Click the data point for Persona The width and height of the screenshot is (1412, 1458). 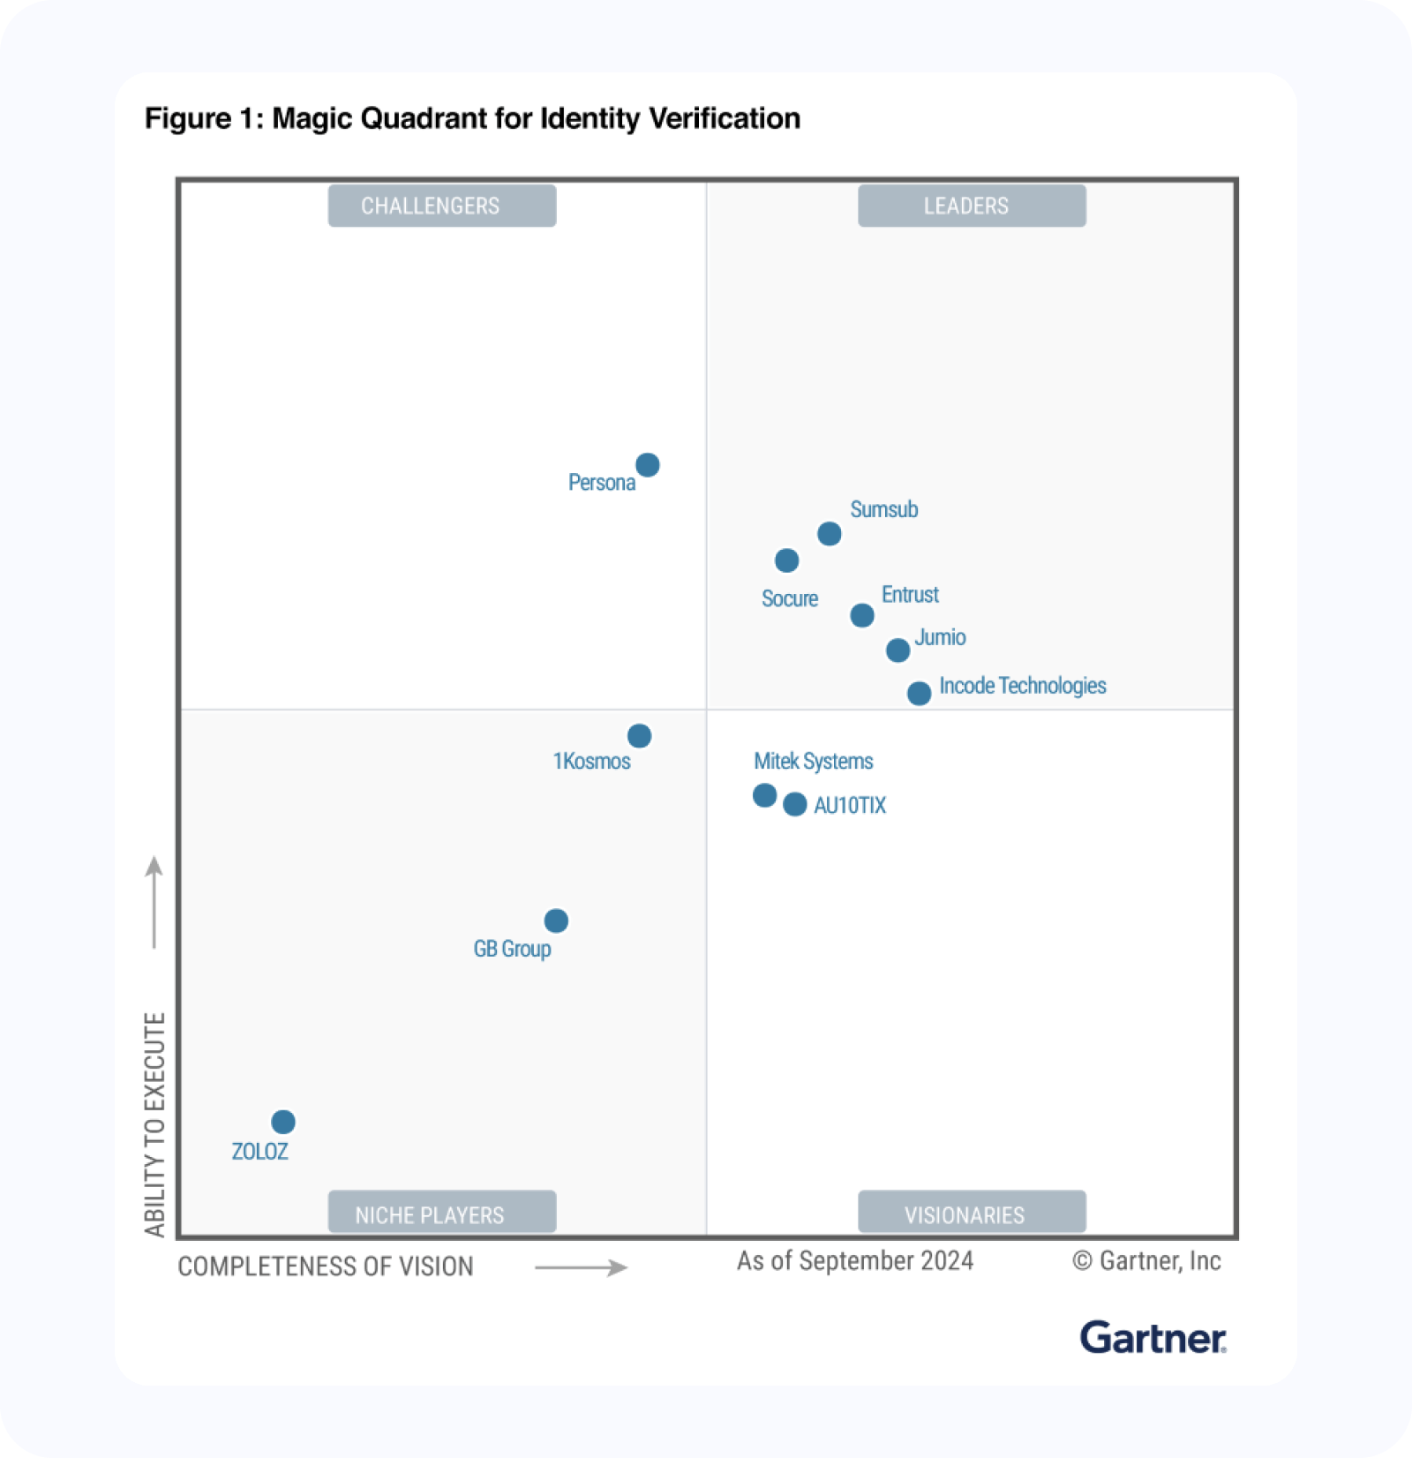point(648,465)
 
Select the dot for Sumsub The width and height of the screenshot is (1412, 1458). point(830,534)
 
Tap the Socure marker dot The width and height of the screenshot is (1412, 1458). point(787,560)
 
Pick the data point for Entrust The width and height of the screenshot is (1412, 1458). point(862,615)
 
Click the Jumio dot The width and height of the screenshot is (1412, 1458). point(898,650)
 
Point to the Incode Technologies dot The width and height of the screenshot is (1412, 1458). point(920,694)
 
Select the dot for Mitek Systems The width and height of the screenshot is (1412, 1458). point(765,796)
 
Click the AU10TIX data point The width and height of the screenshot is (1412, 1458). point(795,805)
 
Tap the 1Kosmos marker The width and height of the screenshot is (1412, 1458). point(640,736)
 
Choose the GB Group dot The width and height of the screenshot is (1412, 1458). point(556,921)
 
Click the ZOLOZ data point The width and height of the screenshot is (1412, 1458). point(283,1123)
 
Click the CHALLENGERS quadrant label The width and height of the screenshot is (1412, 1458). point(442,207)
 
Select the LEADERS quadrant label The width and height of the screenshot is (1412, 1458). point(972,207)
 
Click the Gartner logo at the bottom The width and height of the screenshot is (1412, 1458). point(1153,1338)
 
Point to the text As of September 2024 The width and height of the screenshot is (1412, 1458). point(855,1261)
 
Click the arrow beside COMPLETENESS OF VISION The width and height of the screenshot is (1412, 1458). point(581,1268)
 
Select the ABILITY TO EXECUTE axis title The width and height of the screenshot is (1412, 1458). point(155,1124)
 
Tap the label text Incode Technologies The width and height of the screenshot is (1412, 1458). point(1022,686)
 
